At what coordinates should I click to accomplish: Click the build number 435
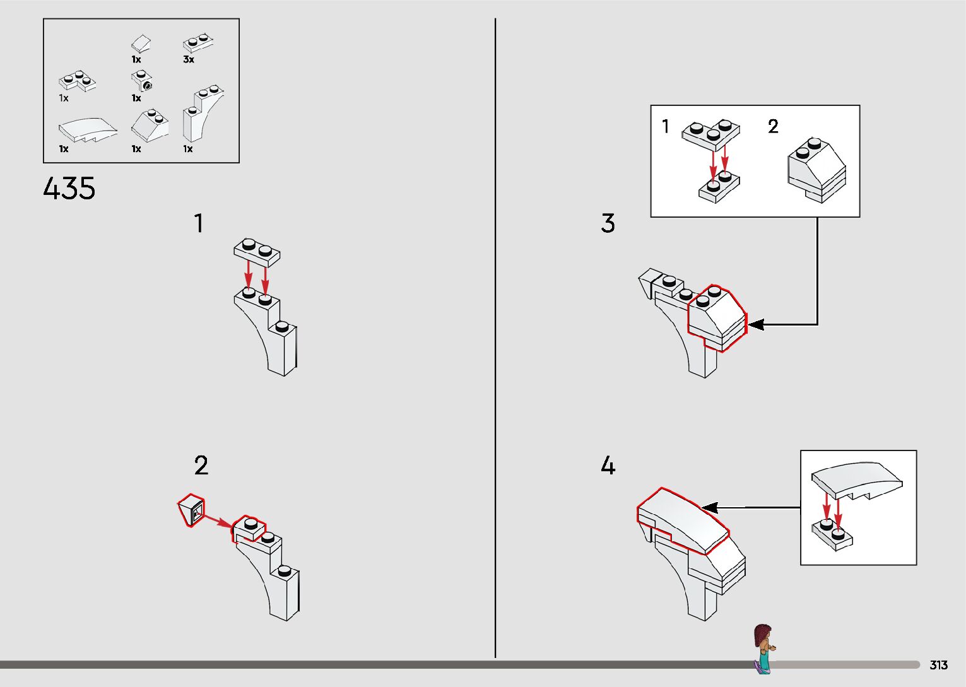point(69,188)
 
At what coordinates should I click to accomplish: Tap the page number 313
point(938,664)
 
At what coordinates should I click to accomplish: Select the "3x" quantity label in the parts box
point(189,59)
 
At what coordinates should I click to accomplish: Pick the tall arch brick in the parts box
point(203,114)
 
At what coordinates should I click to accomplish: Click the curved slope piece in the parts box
point(88,130)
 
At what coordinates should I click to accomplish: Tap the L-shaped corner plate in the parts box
point(77,81)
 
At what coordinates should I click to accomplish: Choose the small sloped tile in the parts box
point(141,44)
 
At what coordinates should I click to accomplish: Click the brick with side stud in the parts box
point(141,81)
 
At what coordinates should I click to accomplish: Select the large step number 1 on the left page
point(199,223)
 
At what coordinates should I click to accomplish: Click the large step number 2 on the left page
point(201,466)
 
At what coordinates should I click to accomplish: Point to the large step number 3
point(608,223)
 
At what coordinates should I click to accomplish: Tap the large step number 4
point(608,466)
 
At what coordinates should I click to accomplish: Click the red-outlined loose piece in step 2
point(191,510)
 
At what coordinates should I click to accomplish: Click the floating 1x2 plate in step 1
point(257,252)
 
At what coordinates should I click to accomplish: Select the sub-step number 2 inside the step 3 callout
point(773,126)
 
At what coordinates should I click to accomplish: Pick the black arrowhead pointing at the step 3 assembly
point(755,324)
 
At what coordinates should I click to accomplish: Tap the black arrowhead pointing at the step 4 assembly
point(710,508)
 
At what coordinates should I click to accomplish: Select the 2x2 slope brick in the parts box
point(150,125)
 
